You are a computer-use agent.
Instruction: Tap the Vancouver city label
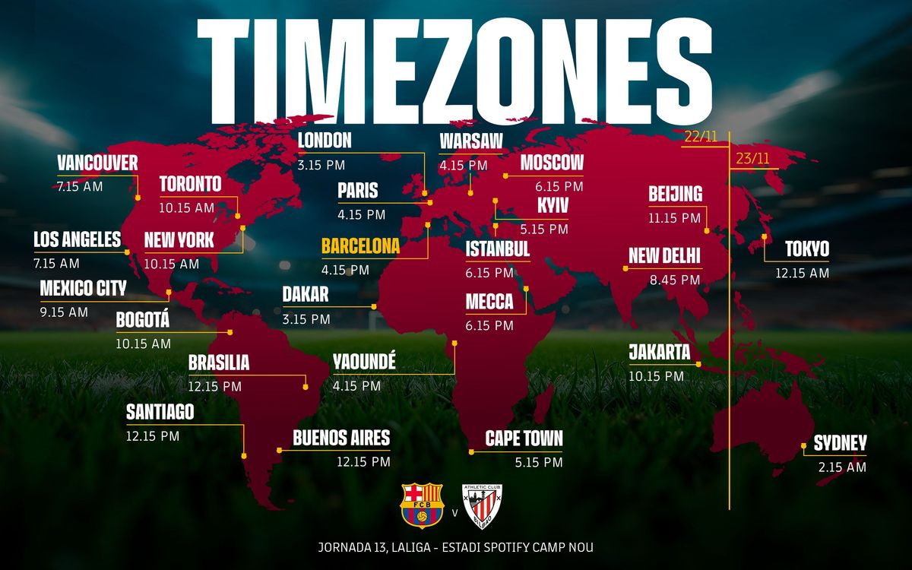[x=97, y=163]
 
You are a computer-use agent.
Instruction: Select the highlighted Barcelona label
[x=360, y=247]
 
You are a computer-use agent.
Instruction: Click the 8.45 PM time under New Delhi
[x=674, y=280]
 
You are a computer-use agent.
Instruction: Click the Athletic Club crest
[x=483, y=505]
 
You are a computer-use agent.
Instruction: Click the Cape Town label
[x=524, y=439]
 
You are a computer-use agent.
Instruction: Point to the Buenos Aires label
[x=341, y=438]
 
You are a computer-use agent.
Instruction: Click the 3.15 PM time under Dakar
[x=306, y=319]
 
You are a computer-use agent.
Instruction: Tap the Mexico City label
[x=83, y=289]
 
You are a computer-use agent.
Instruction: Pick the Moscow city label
[x=552, y=163]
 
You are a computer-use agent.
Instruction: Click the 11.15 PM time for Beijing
[x=674, y=217]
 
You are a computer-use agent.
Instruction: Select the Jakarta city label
[x=659, y=353]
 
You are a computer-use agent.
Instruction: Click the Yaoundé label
[x=364, y=363]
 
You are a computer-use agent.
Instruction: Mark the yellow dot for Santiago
[x=243, y=456]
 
